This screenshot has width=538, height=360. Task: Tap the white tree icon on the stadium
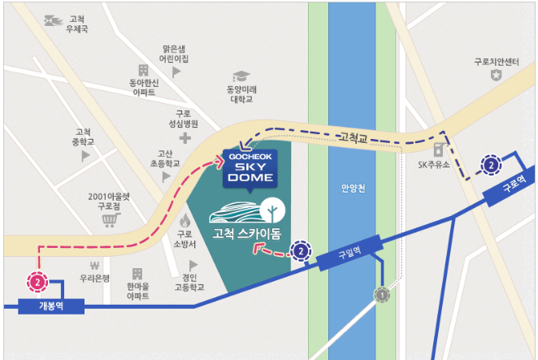[273, 210]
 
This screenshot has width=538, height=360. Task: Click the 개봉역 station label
[50, 306]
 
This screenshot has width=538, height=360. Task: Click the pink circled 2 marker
[38, 282]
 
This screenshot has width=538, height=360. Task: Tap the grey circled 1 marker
[381, 295]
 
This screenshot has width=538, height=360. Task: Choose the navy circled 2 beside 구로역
[491, 165]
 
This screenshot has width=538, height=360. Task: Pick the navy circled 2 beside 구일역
[302, 251]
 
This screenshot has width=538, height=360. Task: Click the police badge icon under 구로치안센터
[496, 76]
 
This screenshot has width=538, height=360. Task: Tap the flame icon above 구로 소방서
[185, 220]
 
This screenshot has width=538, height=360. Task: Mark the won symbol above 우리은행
[94, 265]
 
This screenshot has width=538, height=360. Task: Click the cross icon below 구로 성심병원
[186, 139]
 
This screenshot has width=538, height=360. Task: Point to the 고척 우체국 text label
[78, 24]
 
